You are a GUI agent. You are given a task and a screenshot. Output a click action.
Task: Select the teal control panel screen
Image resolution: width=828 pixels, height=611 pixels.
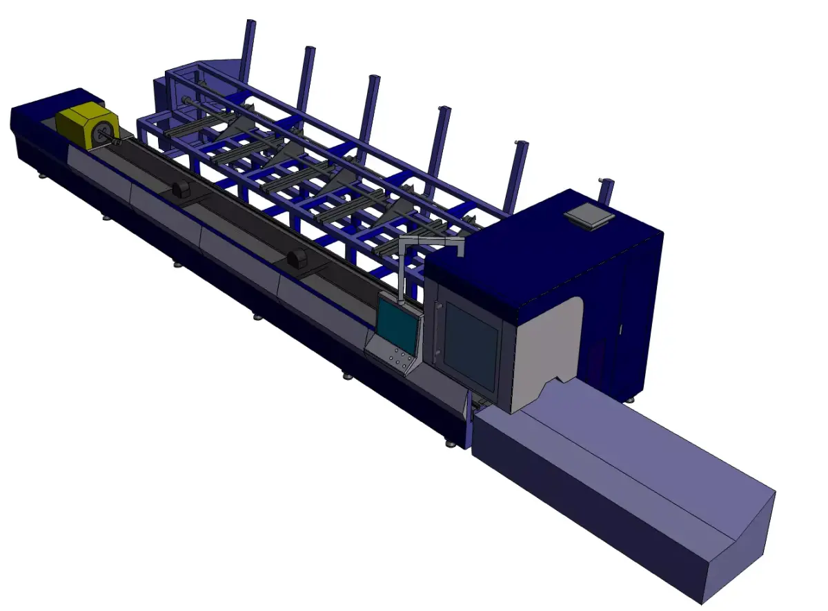tap(397, 324)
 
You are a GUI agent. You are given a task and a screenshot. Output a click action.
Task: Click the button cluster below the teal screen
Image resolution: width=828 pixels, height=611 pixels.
tap(400, 358)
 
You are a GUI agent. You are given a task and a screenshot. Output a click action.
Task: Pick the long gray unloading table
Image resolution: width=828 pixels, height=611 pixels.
tap(621, 483)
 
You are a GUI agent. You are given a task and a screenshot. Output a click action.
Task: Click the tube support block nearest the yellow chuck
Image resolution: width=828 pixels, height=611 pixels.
tap(183, 190)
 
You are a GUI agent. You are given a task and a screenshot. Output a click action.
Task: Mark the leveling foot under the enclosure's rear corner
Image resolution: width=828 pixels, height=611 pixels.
tap(629, 399)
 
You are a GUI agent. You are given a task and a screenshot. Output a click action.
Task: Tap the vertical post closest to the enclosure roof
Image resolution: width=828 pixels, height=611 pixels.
tap(516, 176)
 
